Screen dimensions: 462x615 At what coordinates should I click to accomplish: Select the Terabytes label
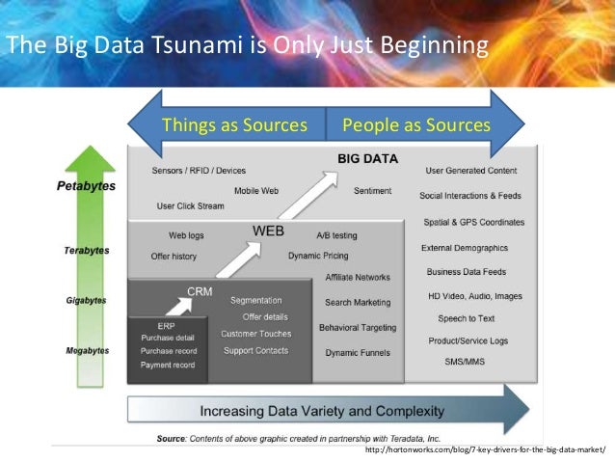(90, 251)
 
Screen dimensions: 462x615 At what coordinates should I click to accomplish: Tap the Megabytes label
(88, 349)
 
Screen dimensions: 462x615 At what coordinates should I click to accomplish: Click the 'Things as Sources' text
(234, 124)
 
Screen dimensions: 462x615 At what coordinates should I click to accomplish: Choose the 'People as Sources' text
(416, 124)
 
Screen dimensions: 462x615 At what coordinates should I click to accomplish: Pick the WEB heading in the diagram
(268, 231)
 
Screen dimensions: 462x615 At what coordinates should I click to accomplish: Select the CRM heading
(201, 290)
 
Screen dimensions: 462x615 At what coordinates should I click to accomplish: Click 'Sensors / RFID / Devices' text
(199, 171)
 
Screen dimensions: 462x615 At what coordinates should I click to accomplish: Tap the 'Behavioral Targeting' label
(358, 328)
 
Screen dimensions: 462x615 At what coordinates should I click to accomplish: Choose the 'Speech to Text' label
(467, 317)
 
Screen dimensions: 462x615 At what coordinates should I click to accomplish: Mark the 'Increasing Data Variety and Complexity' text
(322, 411)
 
